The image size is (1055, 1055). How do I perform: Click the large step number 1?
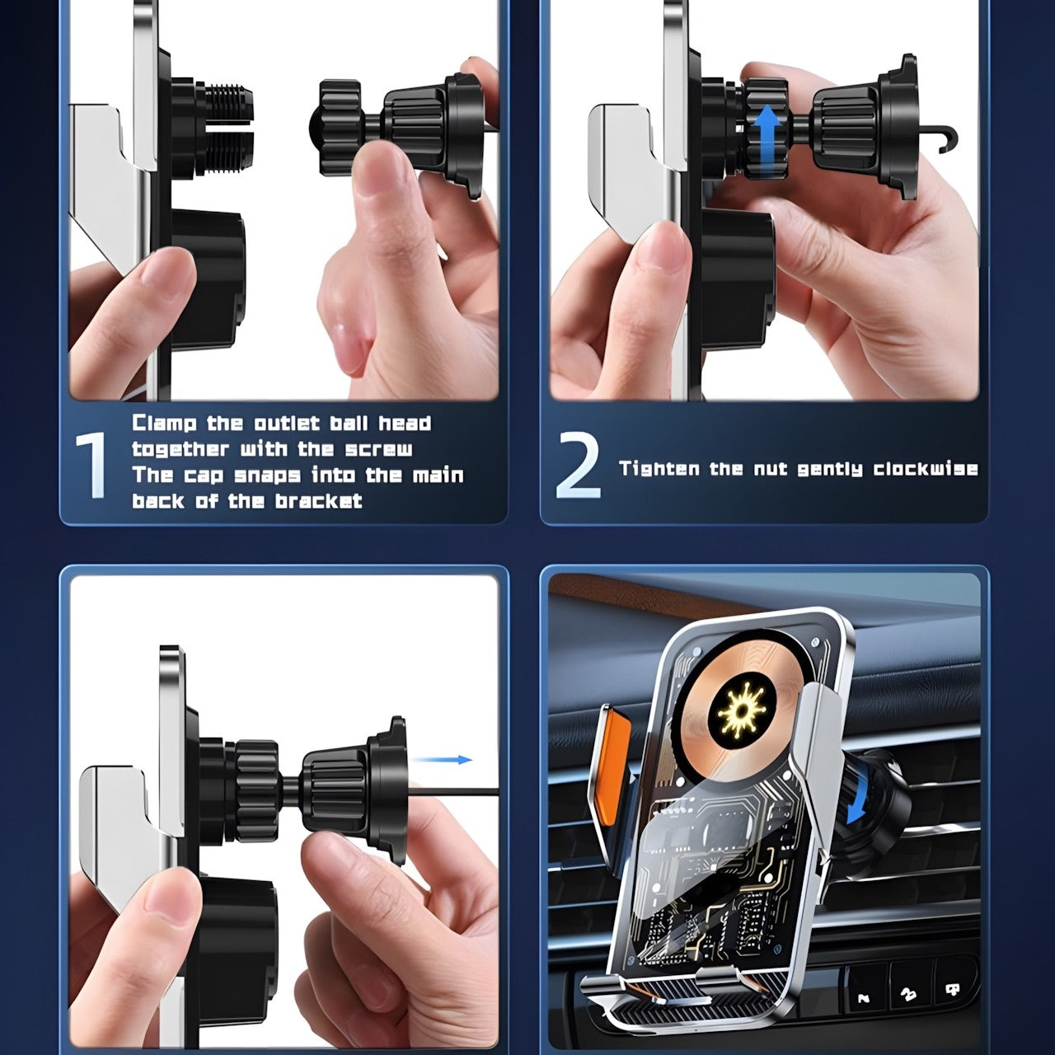pos(91,465)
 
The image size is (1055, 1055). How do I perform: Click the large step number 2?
pos(578,465)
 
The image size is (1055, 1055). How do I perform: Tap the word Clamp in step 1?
pos(164,423)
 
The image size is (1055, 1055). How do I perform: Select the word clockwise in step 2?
pos(926,469)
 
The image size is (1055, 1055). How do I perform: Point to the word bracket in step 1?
pos(319,501)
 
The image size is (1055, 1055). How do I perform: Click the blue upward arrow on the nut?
pos(767,137)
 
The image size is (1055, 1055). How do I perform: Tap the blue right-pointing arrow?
pos(442,759)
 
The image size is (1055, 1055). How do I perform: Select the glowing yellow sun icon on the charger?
pos(742,711)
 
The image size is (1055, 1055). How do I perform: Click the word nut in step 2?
pos(771,469)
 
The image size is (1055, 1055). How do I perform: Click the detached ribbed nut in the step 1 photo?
pos(340,127)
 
